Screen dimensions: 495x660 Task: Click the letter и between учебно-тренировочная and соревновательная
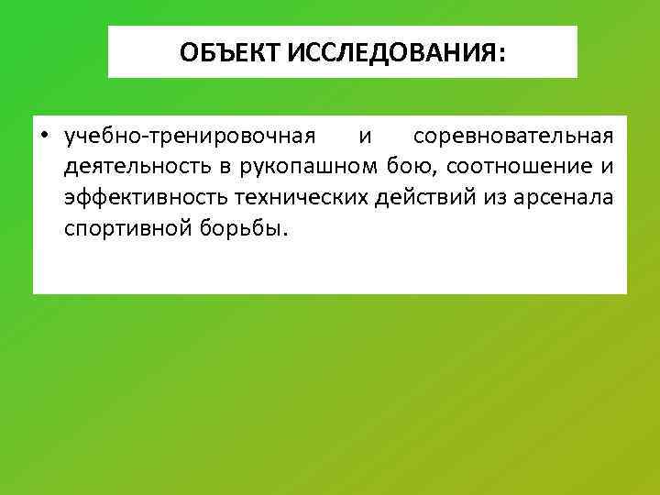point(365,137)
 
